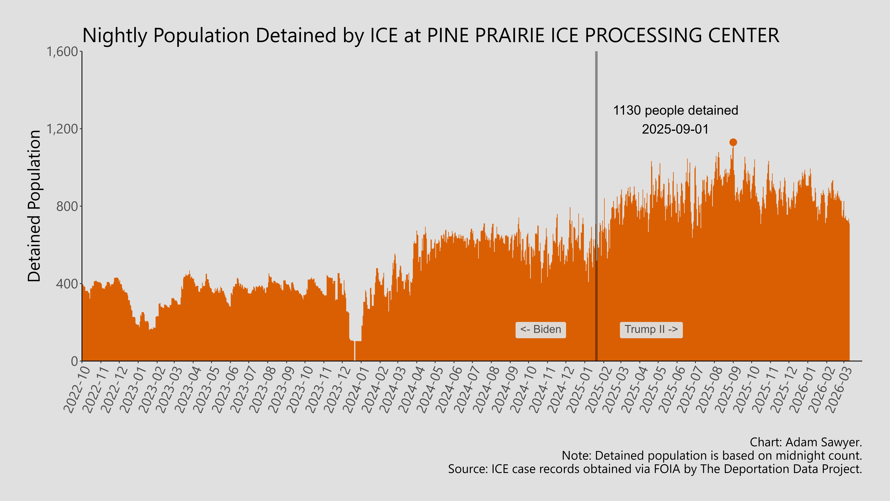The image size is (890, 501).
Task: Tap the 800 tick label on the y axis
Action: click(x=67, y=206)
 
